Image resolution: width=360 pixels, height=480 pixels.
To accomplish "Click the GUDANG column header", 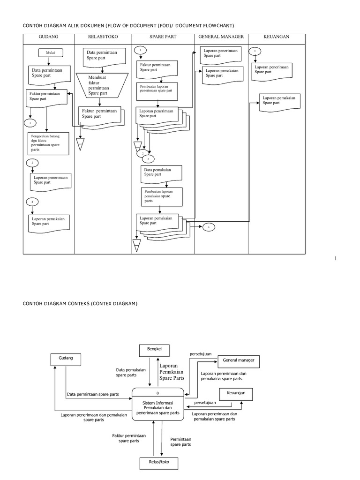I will pos(49,37).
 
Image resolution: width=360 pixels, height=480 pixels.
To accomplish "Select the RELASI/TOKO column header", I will pos(103,37).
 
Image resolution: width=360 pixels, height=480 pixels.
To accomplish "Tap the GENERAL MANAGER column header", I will pos(221,37).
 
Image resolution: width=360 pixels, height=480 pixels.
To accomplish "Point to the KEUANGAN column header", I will pos(277,37).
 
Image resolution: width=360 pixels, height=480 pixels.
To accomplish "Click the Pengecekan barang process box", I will pos(48,143).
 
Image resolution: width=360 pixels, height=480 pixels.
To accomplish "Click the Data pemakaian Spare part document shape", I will pos(161,174).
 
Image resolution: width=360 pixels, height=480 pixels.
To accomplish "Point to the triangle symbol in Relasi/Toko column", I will pos(80,144).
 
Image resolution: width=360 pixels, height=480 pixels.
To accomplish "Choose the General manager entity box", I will pos(238,361).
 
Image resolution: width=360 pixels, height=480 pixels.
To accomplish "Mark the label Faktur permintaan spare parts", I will pos(129,438).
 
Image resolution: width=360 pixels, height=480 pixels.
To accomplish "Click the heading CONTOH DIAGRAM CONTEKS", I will pos(80,304).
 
